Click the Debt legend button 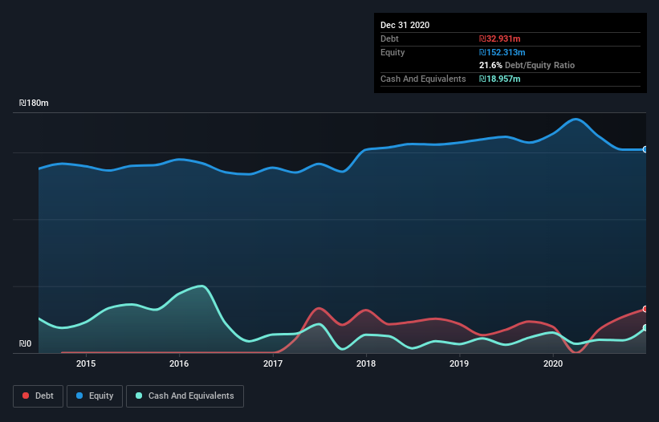tap(37, 396)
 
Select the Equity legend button tap(95, 396)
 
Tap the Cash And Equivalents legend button tap(185, 396)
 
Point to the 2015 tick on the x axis tap(86, 363)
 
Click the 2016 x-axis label tap(179, 363)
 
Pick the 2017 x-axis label tap(273, 363)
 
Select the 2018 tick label tap(366, 363)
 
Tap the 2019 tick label tap(459, 363)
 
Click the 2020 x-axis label tap(553, 363)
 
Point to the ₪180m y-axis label tap(34, 103)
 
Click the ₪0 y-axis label tap(25, 344)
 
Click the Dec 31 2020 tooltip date tap(405, 25)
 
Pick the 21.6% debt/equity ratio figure tap(490, 65)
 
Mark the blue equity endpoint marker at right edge tap(645, 149)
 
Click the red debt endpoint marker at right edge tap(645, 309)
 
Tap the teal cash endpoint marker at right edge tap(645, 328)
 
